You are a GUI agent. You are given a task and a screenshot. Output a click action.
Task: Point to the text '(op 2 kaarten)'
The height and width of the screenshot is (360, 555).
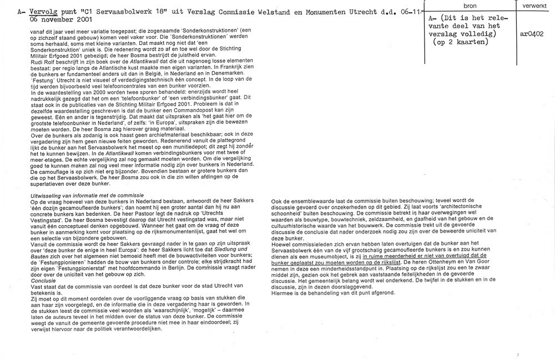click(x=463, y=42)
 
